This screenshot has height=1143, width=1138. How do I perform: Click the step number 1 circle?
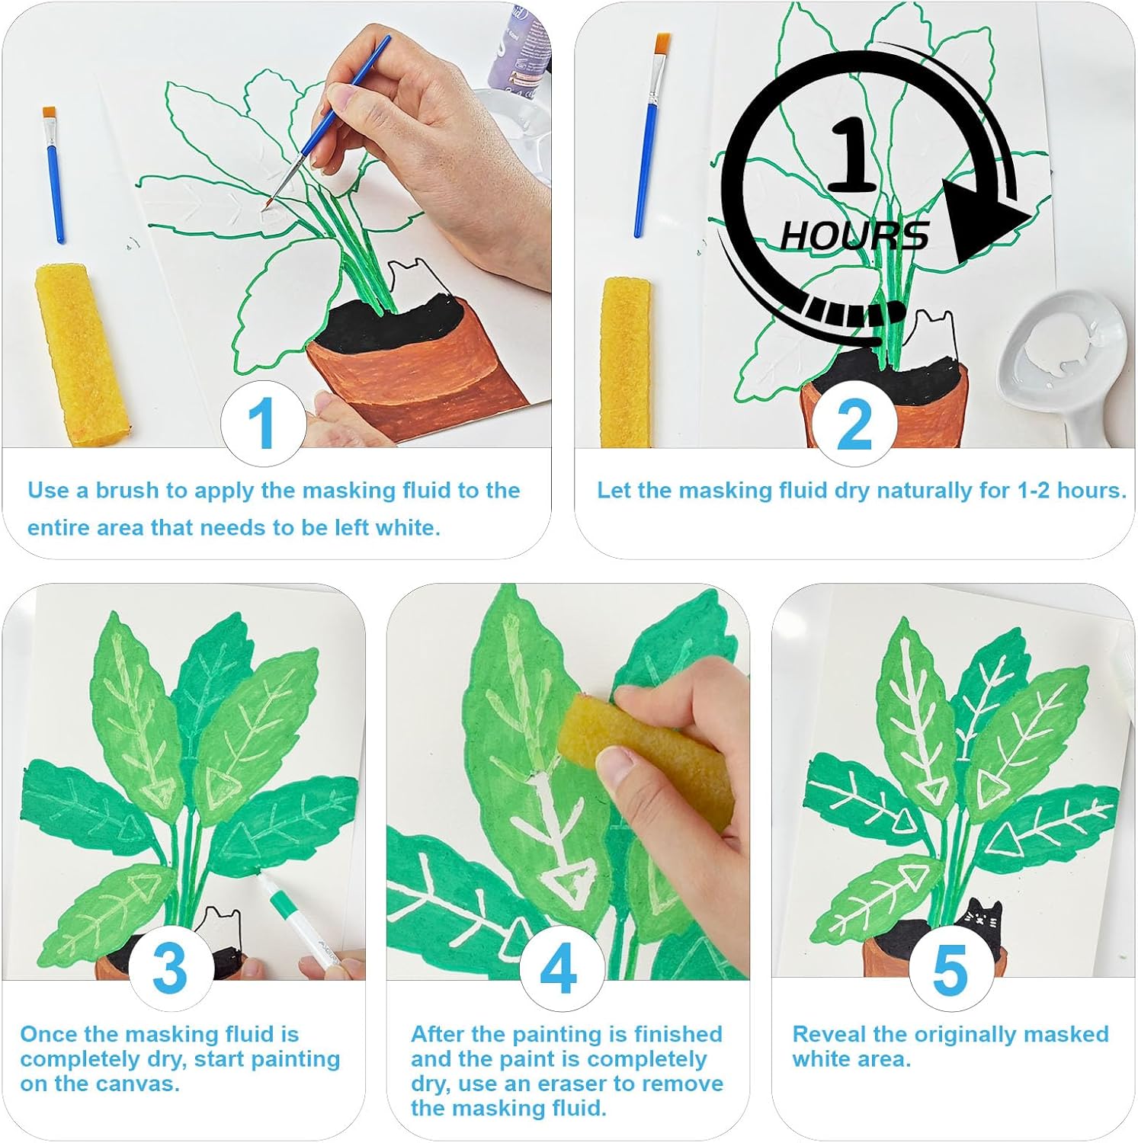[263, 424]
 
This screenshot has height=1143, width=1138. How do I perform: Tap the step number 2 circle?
[854, 424]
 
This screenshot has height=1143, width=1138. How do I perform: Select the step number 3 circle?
[171, 969]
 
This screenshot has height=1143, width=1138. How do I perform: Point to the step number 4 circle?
[560, 969]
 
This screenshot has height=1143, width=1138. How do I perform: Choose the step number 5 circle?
[950, 969]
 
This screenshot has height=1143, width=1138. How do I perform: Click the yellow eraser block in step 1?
[82, 354]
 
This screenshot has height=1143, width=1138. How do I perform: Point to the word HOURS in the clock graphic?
[854, 235]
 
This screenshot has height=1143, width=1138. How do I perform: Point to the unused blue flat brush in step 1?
[53, 175]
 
